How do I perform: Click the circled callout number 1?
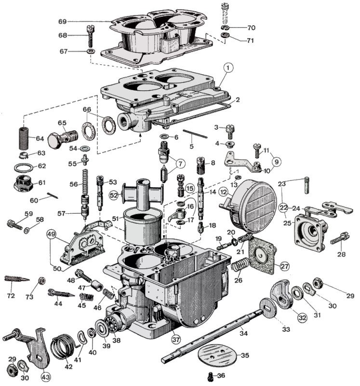pos(227,69)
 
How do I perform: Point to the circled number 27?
pos(284,266)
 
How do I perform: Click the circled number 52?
pos(114,195)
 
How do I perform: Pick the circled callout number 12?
pos(224,192)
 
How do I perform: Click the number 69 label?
pos(62,21)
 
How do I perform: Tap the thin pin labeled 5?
pos(195,133)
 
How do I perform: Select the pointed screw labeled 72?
pos(15,279)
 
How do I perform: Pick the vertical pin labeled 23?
pos(307,185)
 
